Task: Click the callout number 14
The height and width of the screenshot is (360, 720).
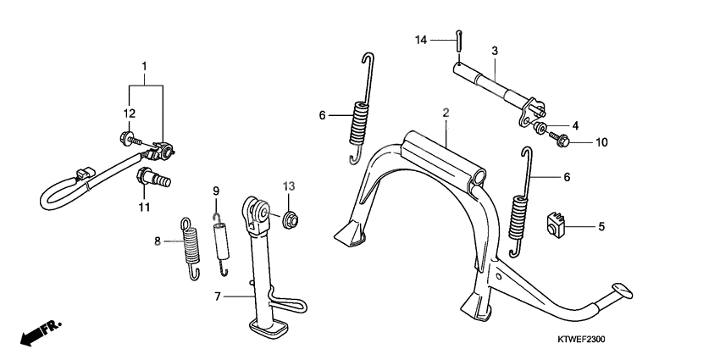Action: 421,40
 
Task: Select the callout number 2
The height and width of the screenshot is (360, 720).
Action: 443,112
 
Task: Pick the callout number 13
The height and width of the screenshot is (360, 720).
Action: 289,186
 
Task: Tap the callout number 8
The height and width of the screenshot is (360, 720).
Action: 157,241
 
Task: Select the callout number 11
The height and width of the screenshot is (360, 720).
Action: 145,207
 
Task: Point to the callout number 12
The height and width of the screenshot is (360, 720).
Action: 130,114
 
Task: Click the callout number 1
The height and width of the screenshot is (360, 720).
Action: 145,65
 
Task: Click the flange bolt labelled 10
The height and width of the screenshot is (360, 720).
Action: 558,137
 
